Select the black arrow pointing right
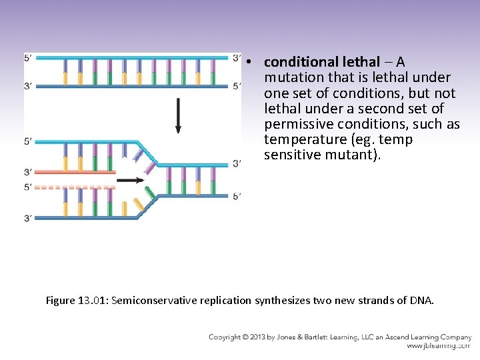tap(133, 179)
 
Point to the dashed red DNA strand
tap(70, 187)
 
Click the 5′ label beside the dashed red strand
tap(27, 187)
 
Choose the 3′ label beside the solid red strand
tap(27, 172)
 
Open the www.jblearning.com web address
tap(438, 346)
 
